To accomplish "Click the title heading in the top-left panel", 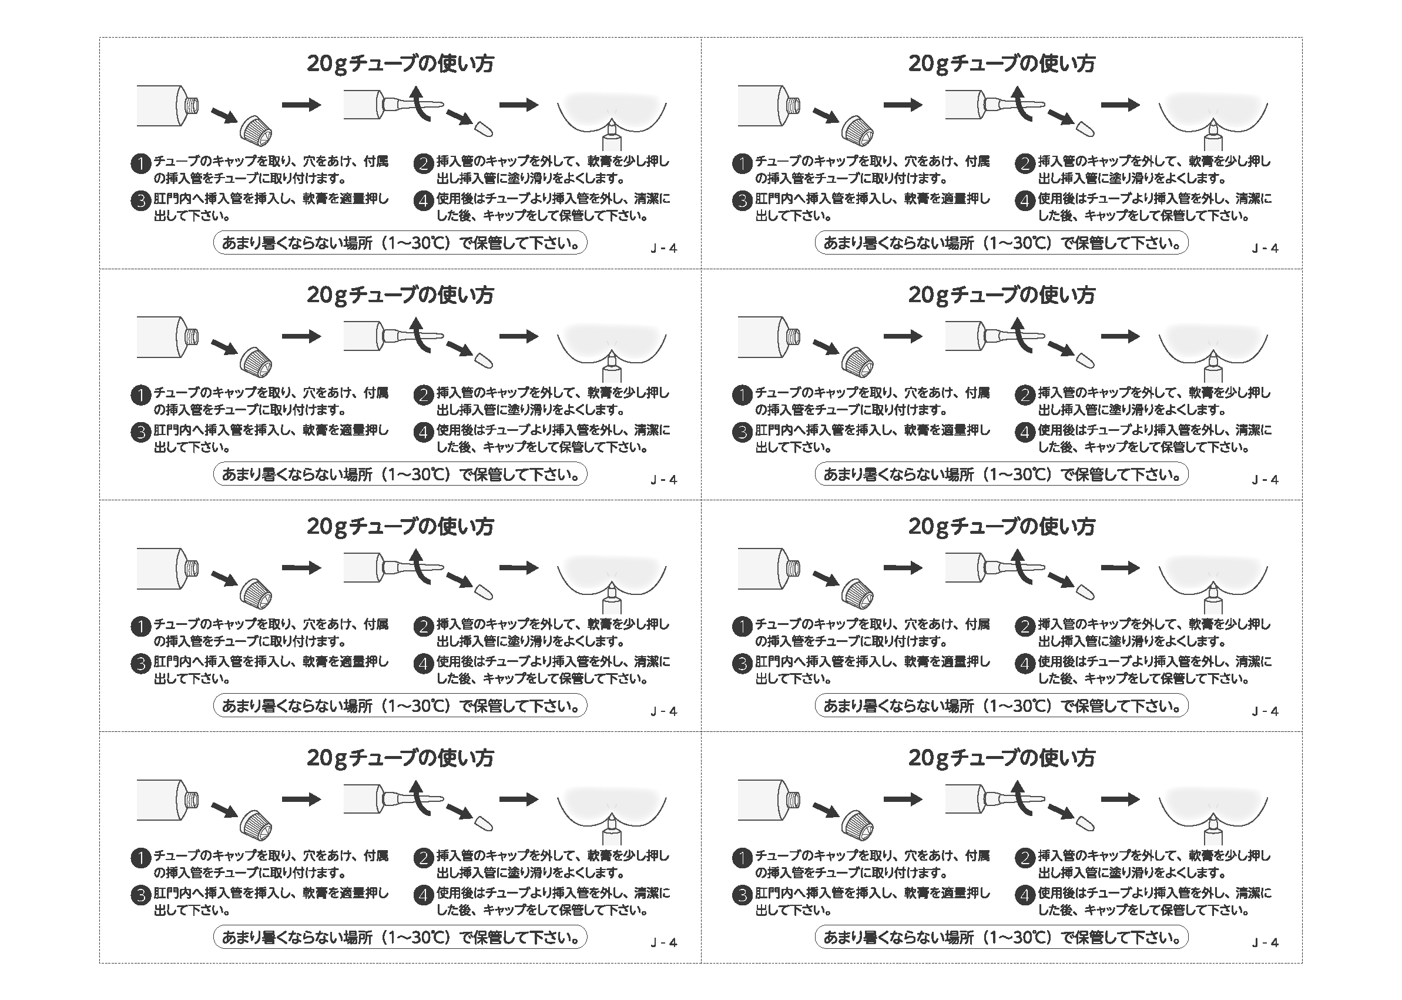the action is click(400, 63).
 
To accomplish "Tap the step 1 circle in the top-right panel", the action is click(742, 164).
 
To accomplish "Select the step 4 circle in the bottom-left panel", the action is click(424, 895).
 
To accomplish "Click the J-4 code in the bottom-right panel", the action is click(1265, 942).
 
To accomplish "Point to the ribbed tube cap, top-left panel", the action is click(256, 131).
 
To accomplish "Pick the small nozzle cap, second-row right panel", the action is click(1085, 360).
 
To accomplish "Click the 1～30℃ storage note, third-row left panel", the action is click(400, 705).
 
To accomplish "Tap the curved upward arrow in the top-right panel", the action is click(1021, 103).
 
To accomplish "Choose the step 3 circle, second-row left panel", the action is click(141, 432).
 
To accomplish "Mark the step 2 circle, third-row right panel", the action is click(1025, 627).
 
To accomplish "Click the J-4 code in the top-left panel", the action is click(664, 248).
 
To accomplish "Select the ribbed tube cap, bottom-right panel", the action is click(857, 825).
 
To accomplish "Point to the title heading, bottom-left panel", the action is click(400, 758).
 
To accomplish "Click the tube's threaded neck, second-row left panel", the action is click(192, 337).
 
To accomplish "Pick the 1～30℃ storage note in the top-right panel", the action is click(1001, 243).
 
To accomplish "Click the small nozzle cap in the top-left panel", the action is click(483, 129).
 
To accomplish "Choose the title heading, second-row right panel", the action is click(1001, 295).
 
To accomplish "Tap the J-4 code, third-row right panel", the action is click(1265, 711).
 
